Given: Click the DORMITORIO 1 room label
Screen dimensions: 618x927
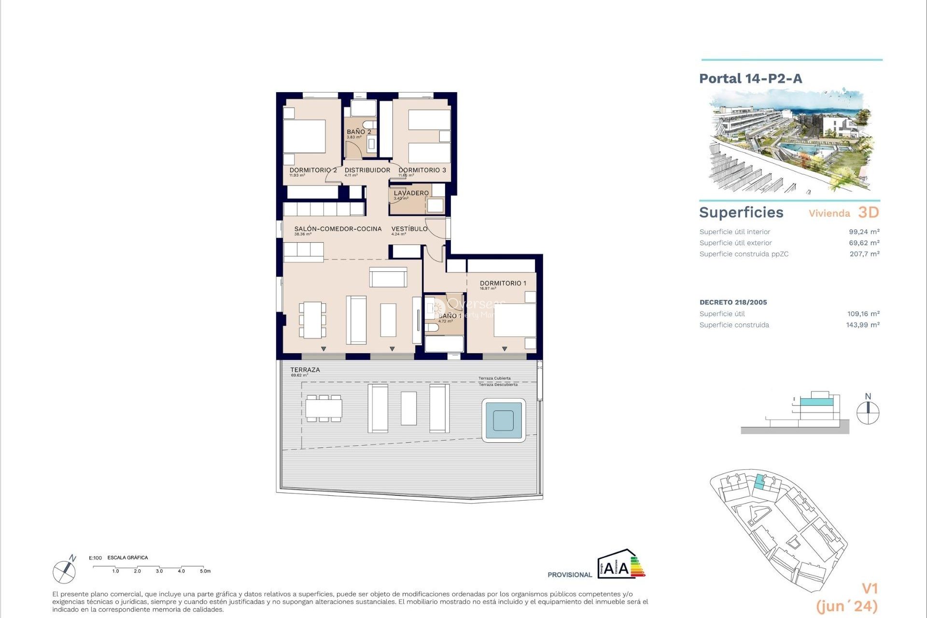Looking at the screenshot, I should coord(503,283).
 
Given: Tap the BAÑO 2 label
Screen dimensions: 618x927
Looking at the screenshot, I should coord(359,132).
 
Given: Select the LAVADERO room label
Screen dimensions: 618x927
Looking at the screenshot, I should coord(411,193).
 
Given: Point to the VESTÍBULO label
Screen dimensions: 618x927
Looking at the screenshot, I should coord(409,229).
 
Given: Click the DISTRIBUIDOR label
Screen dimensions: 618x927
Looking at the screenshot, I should coord(367,170).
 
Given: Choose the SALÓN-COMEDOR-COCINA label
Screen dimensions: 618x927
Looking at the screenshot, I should coord(337,229).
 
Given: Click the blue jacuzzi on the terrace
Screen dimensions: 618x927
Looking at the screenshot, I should coord(504,420).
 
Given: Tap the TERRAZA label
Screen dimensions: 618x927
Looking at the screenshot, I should coord(305,370).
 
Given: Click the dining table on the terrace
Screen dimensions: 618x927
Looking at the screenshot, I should coord(323,408).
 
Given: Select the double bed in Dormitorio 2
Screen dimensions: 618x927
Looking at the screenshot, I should coord(304,137).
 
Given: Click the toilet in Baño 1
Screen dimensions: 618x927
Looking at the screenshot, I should coord(432,328).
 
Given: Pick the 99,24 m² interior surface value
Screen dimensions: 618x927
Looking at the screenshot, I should coord(864,232).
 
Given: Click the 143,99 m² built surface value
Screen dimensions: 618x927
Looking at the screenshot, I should coord(862,325).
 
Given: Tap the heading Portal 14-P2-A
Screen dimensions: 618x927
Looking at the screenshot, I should coord(750,79).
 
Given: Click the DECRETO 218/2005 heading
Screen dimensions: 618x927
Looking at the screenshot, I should coord(733,302).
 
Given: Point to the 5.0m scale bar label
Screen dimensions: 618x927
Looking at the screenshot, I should coord(205,571).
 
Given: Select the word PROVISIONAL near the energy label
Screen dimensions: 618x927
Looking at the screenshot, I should coord(569,575).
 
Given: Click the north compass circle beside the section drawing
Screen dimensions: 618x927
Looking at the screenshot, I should coord(868,413).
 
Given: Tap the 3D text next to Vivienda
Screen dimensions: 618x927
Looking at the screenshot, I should coord(868,212).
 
